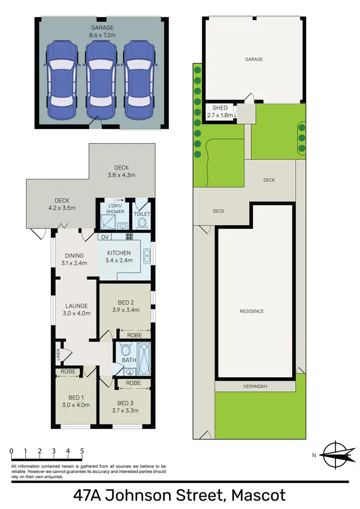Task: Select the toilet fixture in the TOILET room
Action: click(142, 224)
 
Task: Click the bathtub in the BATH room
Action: click(144, 359)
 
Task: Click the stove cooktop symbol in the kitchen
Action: click(129, 237)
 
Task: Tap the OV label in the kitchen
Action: click(105, 237)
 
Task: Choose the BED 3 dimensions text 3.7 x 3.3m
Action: click(128, 411)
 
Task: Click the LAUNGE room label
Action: click(76, 306)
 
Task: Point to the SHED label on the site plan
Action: click(220, 108)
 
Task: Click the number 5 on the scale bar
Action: click(83, 451)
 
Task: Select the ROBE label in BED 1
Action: click(67, 371)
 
